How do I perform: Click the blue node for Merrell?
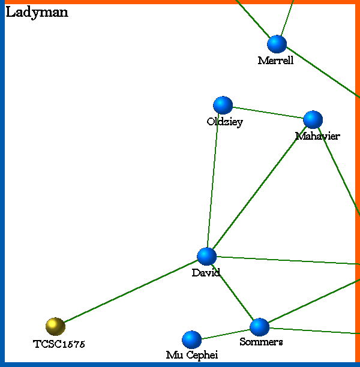pyautogui.click(x=277, y=44)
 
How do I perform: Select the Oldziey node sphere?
pyautogui.click(x=223, y=105)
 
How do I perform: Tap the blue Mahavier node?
pyautogui.click(x=313, y=119)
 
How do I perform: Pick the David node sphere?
pyautogui.click(x=206, y=256)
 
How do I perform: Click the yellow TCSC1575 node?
pyautogui.click(x=55, y=326)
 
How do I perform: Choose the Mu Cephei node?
pyautogui.click(x=191, y=339)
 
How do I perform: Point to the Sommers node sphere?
pyautogui.click(x=259, y=327)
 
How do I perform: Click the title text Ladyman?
pyautogui.click(x=37, y=13)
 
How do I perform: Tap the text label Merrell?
pyautogui.click(x=275, y=61)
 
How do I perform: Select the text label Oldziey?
pyautogui.click(x=224, y=122)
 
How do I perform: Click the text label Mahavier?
pyautogui.click(x=317, y=136)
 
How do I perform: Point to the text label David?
pyautogui.click(x=206, y=273)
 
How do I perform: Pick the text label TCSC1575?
pyautogui.click(x=59, y=344)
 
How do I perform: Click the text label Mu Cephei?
pyautogui.click(x=192, y=356)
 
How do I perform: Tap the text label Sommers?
pyautogui.click(x=261, y=342)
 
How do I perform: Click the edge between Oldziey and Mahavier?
pyautogui.click(x=268, y=112)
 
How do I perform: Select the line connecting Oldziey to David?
pyautogui.click(x=214, y=181)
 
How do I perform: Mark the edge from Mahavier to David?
pyautogui.click(x=259, y=188)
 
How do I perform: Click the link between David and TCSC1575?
pyautogui.click(x=131, y=291)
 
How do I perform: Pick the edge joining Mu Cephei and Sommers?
pyautogui.click(x=225, y=333)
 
